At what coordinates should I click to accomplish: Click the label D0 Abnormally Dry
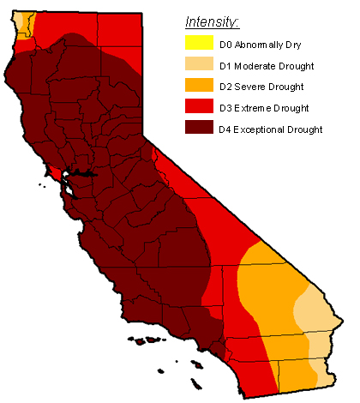(262, 44)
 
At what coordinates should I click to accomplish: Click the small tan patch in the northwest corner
(21, 19)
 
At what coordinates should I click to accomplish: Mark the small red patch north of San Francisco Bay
(55, 172)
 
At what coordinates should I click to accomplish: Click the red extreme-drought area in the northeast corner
(116, 34)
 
